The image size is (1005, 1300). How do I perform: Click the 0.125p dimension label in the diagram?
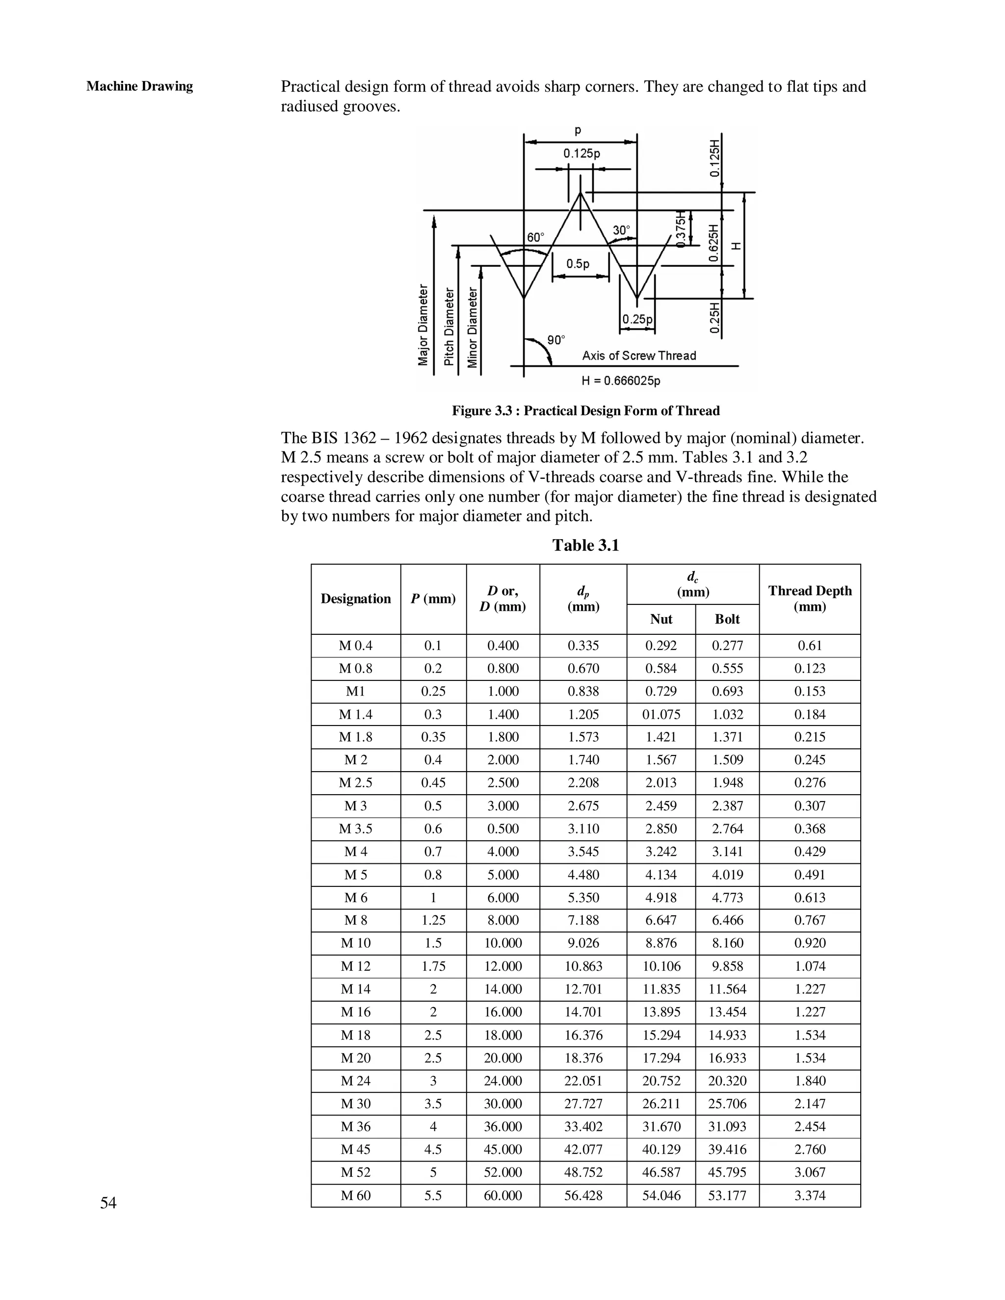581,154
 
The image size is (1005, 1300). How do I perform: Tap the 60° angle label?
535,237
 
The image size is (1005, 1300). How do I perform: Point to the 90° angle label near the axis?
555,340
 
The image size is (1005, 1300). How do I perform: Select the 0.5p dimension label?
578,264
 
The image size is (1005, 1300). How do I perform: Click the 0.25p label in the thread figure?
637,320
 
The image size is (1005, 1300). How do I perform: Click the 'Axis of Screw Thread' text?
638,356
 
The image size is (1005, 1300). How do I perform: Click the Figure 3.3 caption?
585,411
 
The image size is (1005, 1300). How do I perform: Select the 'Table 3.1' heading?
585,545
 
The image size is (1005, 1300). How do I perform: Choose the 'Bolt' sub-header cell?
727,619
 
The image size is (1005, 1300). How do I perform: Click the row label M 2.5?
355,783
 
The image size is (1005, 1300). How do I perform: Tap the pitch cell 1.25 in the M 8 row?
433,920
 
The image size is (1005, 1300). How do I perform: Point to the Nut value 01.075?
661,714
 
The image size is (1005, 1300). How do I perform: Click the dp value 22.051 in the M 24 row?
583,1080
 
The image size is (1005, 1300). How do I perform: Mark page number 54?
108,1203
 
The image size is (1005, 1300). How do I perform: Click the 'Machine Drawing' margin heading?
139,86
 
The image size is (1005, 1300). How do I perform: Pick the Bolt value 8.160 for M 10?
727,943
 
